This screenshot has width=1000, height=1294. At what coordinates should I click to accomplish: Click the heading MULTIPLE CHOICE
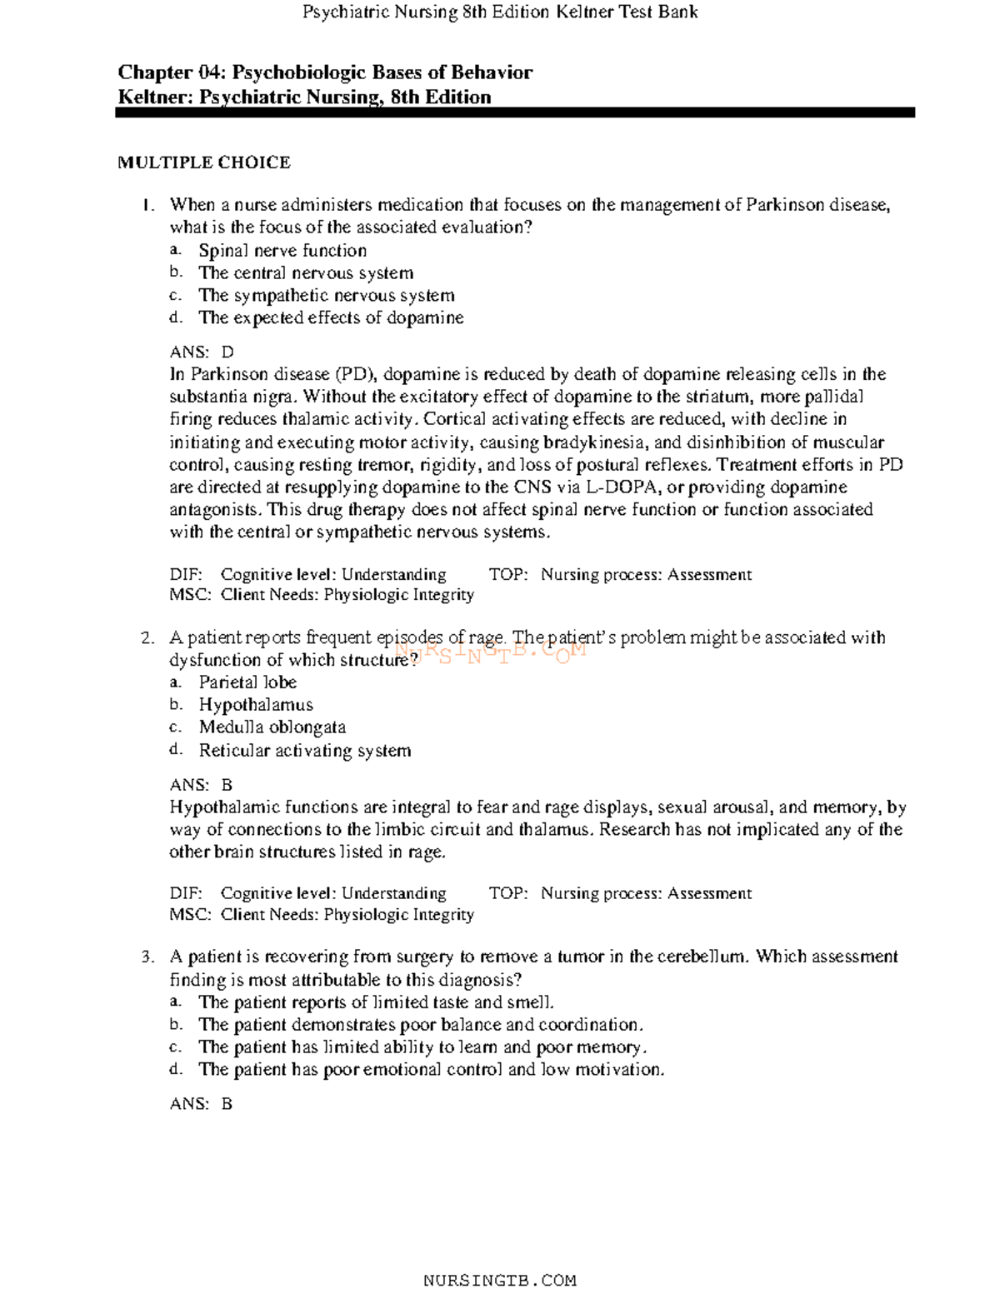203,162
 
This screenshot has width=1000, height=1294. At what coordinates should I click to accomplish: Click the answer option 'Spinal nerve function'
282,251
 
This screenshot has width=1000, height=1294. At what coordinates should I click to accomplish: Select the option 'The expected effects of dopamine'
330,317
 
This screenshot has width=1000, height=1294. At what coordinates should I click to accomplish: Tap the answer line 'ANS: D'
202,352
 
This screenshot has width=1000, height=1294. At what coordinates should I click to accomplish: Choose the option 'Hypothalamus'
255,705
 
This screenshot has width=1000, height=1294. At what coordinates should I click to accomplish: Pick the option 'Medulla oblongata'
272,727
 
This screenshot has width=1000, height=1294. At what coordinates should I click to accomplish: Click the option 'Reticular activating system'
304,751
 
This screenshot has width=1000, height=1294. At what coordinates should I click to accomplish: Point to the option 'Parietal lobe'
247,682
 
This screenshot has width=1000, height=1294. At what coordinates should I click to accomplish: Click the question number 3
147,957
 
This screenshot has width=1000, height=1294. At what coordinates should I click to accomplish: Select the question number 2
147,638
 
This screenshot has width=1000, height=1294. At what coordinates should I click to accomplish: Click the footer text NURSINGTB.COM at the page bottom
499,1280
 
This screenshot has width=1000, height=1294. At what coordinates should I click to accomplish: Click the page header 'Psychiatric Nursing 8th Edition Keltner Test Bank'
499,12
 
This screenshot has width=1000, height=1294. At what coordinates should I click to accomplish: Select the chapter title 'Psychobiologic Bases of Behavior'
382,72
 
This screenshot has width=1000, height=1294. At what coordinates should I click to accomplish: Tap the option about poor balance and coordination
420,1025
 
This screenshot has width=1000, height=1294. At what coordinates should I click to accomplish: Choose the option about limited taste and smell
375,1002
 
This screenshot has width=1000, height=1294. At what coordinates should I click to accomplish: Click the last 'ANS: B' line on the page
201,1104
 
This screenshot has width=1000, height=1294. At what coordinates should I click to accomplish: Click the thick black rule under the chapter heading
515,112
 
